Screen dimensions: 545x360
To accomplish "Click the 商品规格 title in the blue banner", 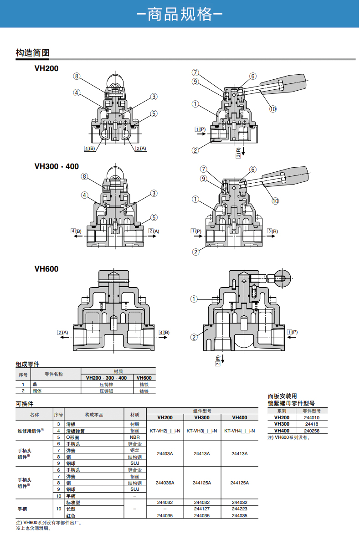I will point(180,15).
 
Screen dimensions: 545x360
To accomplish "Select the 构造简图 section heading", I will point(32,52).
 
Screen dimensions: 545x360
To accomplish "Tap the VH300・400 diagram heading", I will point(57,166).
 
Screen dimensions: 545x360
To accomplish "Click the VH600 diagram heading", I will point(46,269).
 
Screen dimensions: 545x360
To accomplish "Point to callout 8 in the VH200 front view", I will point(77,76).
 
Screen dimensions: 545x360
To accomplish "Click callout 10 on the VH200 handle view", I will point(273,108).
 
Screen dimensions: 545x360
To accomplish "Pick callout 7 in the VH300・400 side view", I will point(203,169).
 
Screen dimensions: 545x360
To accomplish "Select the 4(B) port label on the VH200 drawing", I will point(89,148).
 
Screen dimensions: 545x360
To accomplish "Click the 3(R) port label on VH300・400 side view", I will point(273,231).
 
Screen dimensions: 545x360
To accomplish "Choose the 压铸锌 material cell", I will point(107,385).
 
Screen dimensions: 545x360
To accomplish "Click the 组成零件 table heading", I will point(28,364).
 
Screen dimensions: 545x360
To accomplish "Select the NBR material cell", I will point(135,437).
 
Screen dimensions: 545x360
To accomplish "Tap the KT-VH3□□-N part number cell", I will point(202,431).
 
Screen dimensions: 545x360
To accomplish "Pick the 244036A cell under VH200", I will point(165,483).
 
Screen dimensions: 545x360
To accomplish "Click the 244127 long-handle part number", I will point(202,509).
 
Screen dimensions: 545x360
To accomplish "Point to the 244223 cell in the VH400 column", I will point(240,509).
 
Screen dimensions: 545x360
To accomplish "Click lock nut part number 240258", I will point(312,431).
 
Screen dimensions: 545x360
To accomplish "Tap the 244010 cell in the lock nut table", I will point(312,417).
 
